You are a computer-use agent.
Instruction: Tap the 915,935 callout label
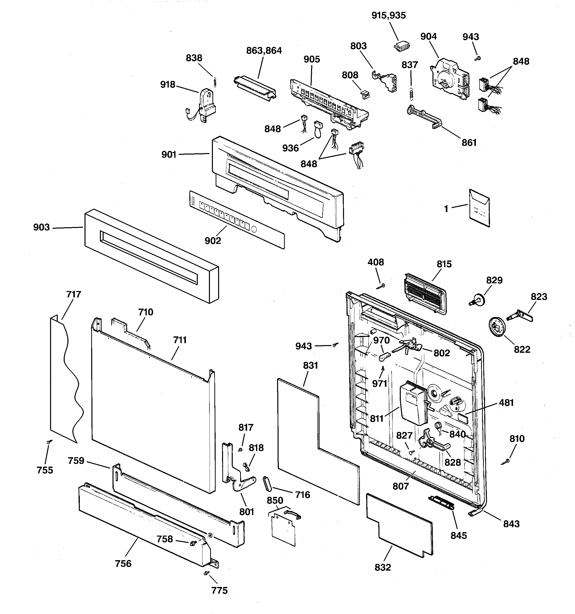(x=389, y=15)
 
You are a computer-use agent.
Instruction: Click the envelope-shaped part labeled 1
(x=479, y=208)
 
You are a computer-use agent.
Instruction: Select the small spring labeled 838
(x=215, y=82)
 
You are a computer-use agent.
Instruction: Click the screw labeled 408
(x=381, y=286)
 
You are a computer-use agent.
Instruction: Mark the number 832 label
(x=383, y=567)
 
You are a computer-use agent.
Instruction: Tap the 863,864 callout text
(x=264, y=51)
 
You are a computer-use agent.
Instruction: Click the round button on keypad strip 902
(x=254, y=229)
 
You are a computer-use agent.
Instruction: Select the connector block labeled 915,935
(x=402, y=47)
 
